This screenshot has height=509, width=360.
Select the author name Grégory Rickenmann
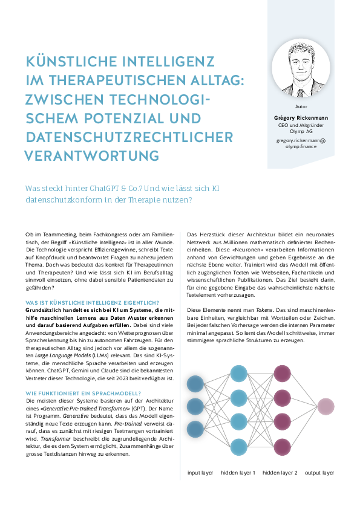click(x=301, y=117)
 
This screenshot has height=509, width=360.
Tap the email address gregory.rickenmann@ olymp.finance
click(x=301, y=143)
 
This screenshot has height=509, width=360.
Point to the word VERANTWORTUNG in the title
click(x=91, y=155)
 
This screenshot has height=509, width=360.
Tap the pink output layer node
click(x=326, y=407)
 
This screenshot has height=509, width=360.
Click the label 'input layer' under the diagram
click(x=200, y=472)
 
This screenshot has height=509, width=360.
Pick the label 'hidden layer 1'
click(x=238, y=472)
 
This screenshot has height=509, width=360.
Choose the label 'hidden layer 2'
click(x=280, y=472)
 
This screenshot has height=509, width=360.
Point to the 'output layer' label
click(x=319, y=472)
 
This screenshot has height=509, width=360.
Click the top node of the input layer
click(x=195, y=383)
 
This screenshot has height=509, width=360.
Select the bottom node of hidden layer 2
click(x=283, y=447)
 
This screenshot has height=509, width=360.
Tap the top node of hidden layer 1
click(x=239, y=373)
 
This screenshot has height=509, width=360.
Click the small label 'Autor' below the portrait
click(x=301, y=106)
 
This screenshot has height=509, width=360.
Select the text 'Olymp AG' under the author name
click(x=301, y=131)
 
